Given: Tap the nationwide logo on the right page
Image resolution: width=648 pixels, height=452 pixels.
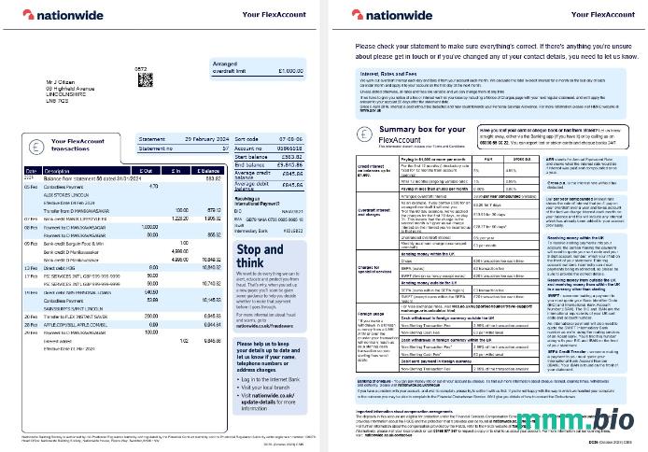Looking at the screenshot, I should point(394,15).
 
